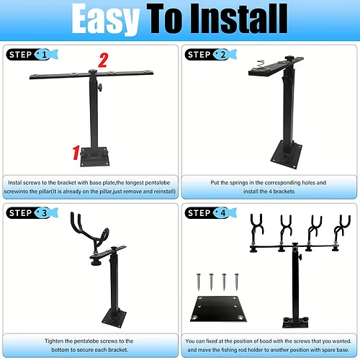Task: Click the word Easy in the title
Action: pos(106,19)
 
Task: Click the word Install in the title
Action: pos(239,19)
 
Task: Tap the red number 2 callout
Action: pos(103,60)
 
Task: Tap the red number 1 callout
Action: pos(76,153)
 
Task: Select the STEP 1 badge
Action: pos(32,55)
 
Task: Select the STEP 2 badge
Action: pos(211,55)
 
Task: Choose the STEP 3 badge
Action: pos(32,213)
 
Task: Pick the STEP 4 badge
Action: pos(211,213)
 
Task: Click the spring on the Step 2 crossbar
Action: pos(260,64)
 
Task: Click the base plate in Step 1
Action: pos(94,157)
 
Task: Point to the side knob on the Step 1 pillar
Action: pos(99,87)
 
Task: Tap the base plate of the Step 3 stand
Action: pos(114,318)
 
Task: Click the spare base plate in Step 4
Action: pos(218,309)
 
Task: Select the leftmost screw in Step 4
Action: pos(199,282)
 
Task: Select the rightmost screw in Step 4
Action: pos(237,282)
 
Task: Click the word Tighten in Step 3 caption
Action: pos(54,341)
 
